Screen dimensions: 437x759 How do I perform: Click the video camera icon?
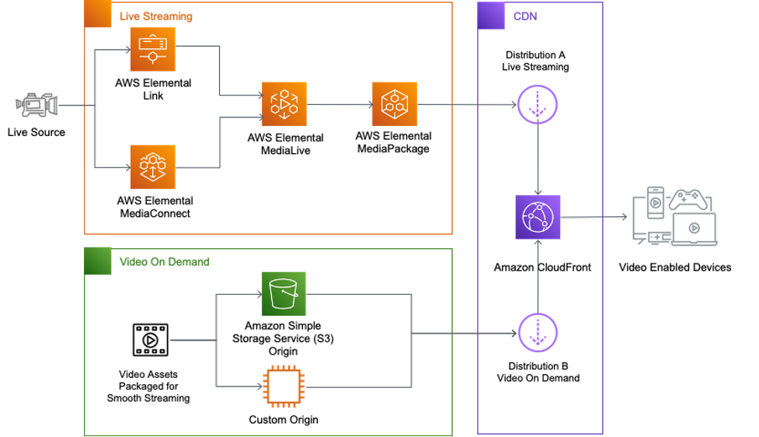point(37,105)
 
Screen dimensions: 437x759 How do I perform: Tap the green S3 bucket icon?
point(284,294)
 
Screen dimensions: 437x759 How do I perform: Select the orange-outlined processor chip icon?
point(284,386)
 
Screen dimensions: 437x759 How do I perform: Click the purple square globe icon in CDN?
point(538,218)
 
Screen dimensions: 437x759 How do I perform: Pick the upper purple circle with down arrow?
point(538,104)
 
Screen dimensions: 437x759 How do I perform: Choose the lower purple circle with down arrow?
point(538,332)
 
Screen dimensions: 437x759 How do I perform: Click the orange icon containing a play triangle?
point(284,104)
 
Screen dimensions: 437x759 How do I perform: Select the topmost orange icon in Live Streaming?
point(152,49)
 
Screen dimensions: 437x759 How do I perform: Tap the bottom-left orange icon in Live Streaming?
point(152,166)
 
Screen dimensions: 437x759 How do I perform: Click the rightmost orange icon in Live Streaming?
point(395,104)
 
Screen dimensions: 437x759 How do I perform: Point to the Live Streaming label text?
point(155,16)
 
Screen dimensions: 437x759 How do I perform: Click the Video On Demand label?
point(164,262)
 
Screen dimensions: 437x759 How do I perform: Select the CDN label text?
point(524,16)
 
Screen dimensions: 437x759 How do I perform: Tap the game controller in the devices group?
point(688,200)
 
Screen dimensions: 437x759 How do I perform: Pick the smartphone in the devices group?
point(656,201)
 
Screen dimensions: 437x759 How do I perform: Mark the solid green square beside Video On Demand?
point(98,261)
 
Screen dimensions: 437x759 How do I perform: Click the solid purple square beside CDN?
point(491,16)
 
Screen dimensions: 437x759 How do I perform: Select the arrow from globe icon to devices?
point(594,218)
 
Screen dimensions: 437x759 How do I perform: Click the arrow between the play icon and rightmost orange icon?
point(339,104)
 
